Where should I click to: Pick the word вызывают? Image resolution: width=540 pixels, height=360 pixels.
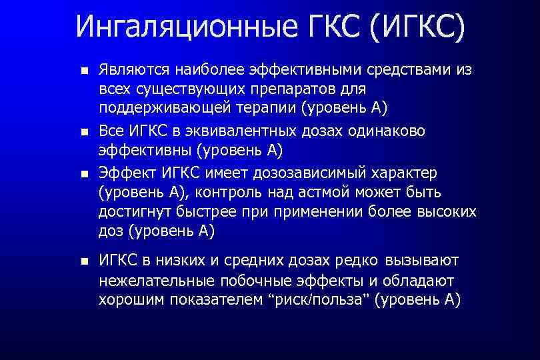click(421, 260)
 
